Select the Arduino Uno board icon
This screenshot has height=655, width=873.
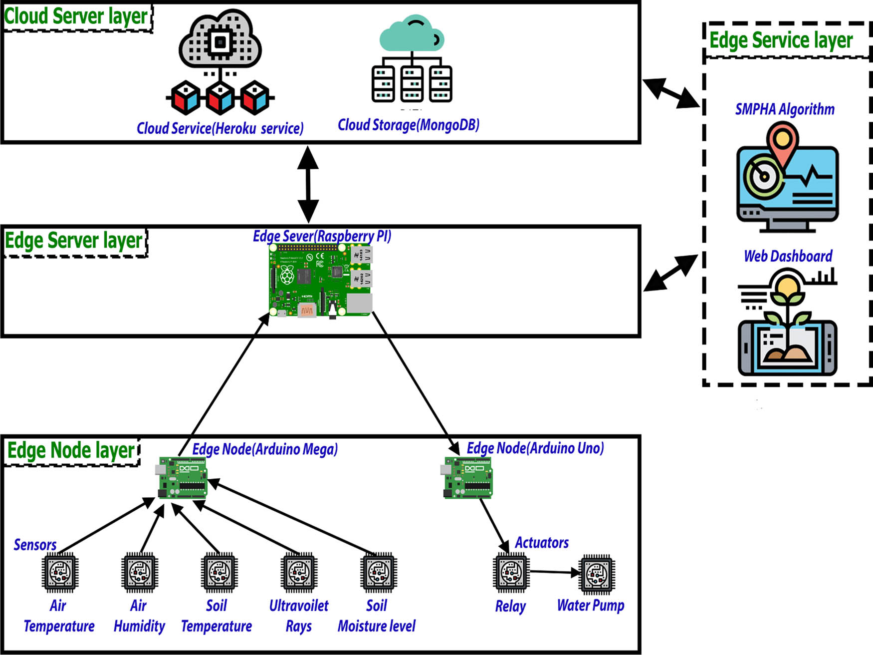tap(467, 478)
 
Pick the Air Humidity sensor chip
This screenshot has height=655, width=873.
tap(140, 572)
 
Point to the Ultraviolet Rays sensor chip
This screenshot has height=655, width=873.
tap(299, 572)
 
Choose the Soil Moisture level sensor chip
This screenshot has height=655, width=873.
tap(379, 572)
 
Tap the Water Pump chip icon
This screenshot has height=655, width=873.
tap(597, 574)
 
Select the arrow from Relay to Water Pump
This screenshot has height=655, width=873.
tap(554, 573)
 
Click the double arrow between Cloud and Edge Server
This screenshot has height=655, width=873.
tap(308, 185)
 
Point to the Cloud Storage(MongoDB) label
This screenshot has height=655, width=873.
tap(409, 125)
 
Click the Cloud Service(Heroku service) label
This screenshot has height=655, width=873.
tap(220, 128)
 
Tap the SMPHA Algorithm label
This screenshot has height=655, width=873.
tap(785, 109)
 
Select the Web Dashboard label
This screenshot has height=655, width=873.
tap(788, 256)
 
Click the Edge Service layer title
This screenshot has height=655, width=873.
tap(781, 40)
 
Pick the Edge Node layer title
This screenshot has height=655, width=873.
tap(71, 450)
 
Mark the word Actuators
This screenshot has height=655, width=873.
tap(542, 543)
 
